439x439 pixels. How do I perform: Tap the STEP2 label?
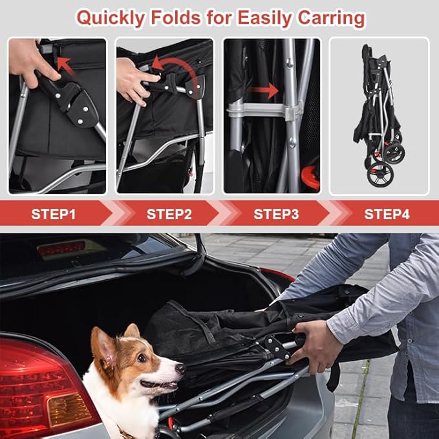[x=169, y=214]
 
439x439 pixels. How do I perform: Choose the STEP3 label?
[x=276, y=214]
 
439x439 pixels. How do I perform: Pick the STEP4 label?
[x=387, y=214]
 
